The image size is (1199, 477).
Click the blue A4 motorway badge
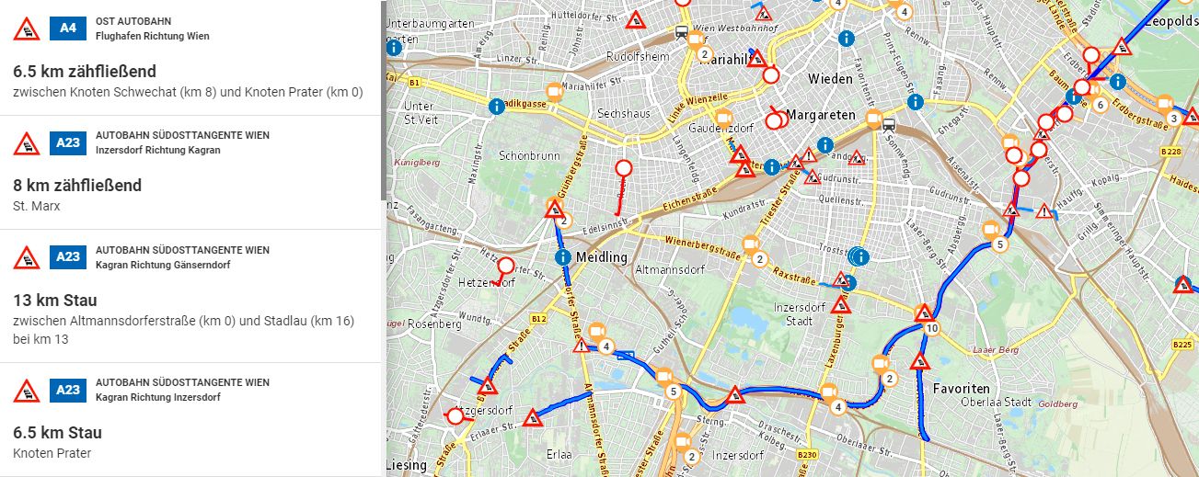(x=68, y=28)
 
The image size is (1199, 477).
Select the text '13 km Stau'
(x=55, y=301)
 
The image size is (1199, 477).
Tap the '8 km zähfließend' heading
(x=77, y=186)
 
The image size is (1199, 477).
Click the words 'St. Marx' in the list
(x=37, y=206)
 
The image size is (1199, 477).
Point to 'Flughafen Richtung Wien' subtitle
(x=152, y=37)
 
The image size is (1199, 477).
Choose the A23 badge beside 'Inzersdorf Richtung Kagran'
(x=68, y=142)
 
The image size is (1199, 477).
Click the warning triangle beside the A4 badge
(x=27, y=29)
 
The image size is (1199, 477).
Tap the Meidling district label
(x=601, y=257)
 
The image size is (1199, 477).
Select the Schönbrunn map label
(x=529, y=156)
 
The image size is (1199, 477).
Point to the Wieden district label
(x=830, y=79)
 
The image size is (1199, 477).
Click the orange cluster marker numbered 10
(x=932, y=328)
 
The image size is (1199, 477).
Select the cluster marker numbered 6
(x=1100, y=105)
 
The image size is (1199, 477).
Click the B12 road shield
(x=538, y=319)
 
